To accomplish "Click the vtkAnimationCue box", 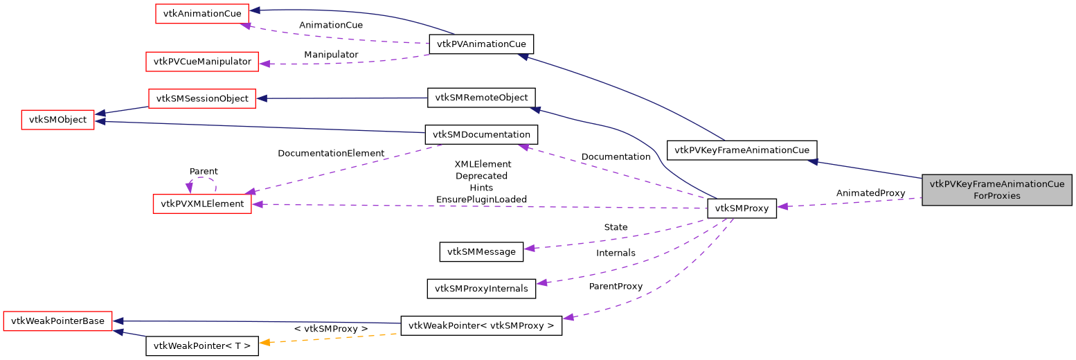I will (x=201, y=14).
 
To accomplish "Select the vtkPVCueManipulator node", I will (x=202, y=62).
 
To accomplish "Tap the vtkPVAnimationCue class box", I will (x=481, y=44).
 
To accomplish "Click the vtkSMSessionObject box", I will (x=202, y=99).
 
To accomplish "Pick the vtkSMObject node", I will (x=57, y=120).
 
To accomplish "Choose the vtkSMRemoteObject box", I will (x=481, y=98).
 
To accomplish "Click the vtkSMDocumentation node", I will (x=481, y=134).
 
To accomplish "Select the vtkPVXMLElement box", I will (x=202, y=204).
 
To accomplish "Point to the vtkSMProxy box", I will (x=742, y=208).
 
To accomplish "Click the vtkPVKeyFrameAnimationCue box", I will (x=742, y=150).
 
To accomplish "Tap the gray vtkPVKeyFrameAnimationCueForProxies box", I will (x=996, y=190).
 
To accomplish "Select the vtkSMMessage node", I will (x=481, y=251).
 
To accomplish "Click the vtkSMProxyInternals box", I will (x=481, y=288).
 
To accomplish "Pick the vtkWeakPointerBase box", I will (x=57, y=321).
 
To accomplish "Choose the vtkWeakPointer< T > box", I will (x=202, y=345).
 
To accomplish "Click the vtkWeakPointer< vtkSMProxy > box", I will (x=481, y=325).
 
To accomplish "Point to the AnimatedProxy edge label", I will (x=870, y=193).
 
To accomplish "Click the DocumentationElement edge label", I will (x=331, y=153).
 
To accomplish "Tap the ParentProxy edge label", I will (x=616, y=286).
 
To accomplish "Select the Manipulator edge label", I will (x=331, y=54).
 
